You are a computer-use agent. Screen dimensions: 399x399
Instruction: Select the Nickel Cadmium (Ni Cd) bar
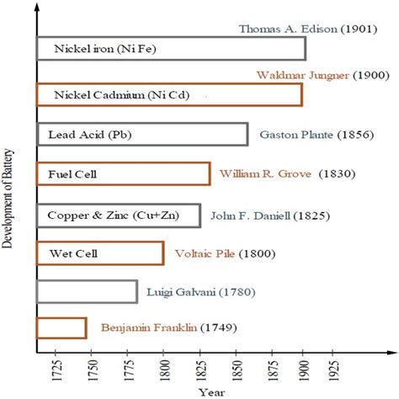pos(169,94)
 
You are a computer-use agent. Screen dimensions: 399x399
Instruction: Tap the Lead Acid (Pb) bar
pos(142,135)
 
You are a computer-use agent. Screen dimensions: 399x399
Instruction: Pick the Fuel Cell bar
pos(123,174)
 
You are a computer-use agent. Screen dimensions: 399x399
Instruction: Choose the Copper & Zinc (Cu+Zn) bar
pos(119,215)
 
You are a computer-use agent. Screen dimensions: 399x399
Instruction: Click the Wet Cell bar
pos(100,253)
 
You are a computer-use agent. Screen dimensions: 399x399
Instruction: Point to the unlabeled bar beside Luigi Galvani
pos(87,291)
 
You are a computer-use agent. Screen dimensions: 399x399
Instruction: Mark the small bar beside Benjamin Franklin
pos(61,328)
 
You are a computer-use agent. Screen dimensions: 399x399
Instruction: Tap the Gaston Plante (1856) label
pos(312,135)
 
